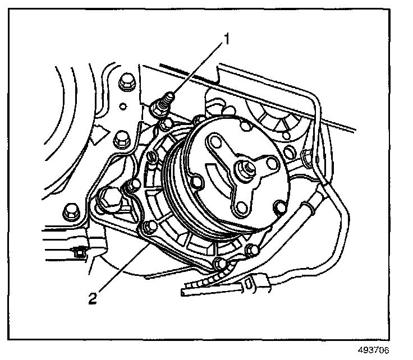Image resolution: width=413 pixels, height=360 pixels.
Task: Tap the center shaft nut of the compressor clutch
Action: [246, 167]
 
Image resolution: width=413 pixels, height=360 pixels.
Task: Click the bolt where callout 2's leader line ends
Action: [148, 227]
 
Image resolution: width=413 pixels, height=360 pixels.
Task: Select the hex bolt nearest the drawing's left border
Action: [71, 211]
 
